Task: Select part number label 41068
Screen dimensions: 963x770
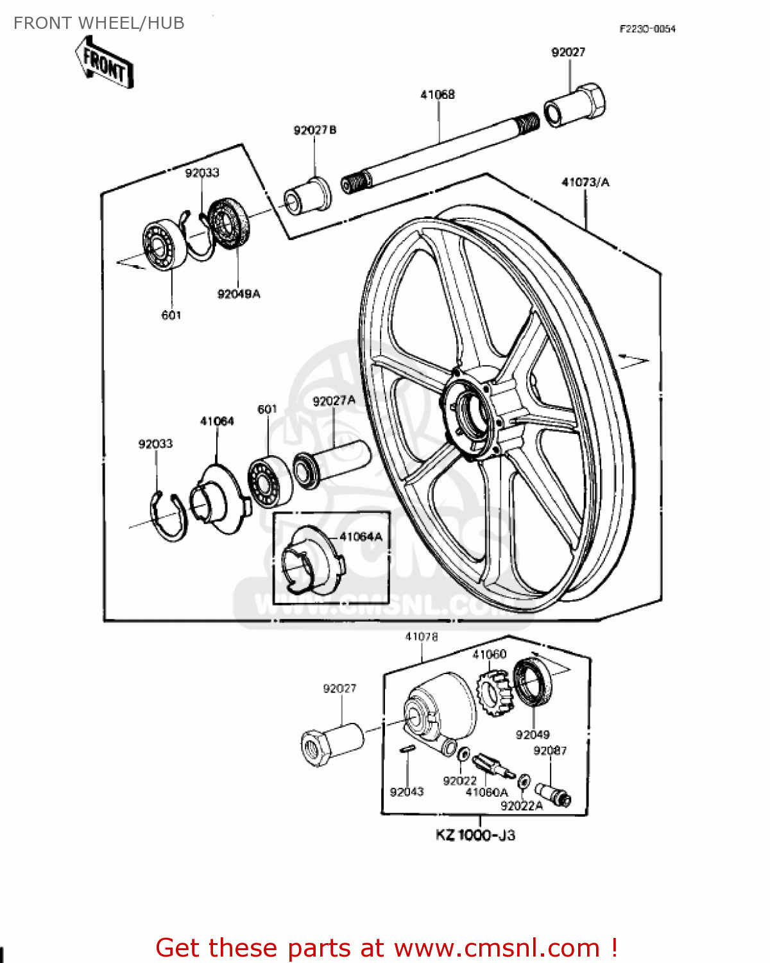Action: (x=438, y=94)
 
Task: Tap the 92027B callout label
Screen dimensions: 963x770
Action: (x=314, y=130)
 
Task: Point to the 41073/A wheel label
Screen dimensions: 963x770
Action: (x=585, y=182)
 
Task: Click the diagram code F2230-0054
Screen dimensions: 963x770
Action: (x=647, y=29)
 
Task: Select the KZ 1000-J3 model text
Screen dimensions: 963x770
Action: (x=475, y=835)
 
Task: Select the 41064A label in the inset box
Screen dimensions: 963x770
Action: (x=361, y=537)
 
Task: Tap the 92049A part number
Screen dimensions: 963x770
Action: (x=239, y=294)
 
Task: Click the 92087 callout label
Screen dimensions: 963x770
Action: (x=550, y=750)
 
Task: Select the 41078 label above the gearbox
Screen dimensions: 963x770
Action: (x=422, y=637)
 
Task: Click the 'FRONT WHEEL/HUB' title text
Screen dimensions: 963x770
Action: (x=99, y=23)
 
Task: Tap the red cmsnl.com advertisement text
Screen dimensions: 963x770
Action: (x=387, y=948)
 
